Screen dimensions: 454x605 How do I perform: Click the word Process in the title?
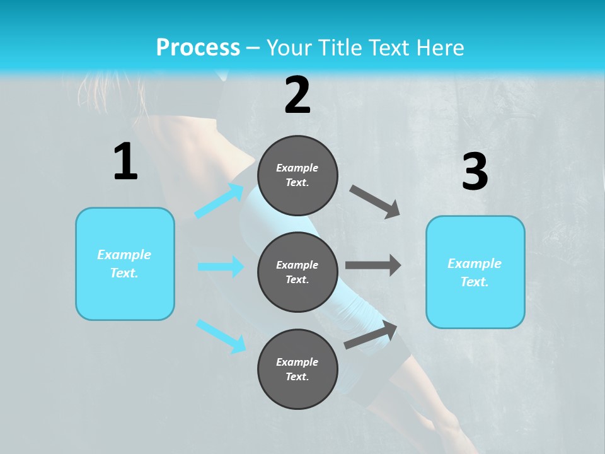pos(198,48)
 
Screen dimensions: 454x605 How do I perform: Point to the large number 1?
pos(125,161)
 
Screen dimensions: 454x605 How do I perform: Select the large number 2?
pos(297,95)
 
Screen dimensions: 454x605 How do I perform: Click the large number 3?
pos(475,172)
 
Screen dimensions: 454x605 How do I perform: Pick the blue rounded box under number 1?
pos(125,264)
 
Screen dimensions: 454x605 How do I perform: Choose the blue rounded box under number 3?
pos(475,272)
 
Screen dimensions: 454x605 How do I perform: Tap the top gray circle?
pos(297,175)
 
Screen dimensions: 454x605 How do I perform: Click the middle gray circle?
pos(297,272)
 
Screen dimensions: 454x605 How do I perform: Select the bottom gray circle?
pos(297,369)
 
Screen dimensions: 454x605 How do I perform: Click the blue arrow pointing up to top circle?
pos(219,201)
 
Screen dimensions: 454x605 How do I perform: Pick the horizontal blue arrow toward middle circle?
pos(221,267)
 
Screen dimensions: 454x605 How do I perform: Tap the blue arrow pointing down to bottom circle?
pos(221,336)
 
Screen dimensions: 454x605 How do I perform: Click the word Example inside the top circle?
pos(297,168)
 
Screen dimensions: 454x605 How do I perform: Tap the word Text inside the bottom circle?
pos(296,376)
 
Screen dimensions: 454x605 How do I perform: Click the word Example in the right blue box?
pos(475,264)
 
